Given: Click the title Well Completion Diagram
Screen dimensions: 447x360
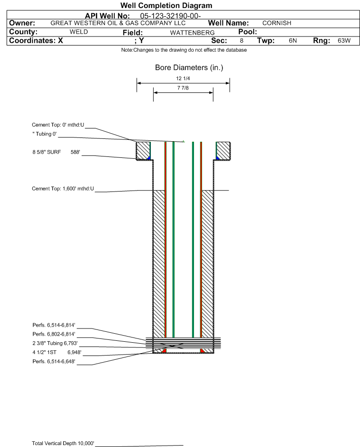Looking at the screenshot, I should coord(166,6).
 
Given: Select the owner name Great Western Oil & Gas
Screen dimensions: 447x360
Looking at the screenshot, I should coord(118,23).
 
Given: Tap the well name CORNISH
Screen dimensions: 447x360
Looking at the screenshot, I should coord(277,23).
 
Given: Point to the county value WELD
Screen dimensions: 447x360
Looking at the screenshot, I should coord(79,32).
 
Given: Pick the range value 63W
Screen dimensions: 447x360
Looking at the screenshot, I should coord(344,41).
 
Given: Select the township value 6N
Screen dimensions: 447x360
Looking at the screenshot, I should coord(293,41).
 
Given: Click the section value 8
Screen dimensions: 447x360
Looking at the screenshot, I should coord(241,41).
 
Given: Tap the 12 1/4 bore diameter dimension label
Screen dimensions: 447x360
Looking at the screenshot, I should coord(183,79).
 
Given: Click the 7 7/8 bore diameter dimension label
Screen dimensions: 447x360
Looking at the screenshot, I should coord(183,88).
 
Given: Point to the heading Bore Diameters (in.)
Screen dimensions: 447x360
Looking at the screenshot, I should coord(189,68).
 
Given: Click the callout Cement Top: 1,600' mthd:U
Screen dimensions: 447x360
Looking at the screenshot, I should coord(63,189).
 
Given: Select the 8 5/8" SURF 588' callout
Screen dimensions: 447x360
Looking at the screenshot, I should coord(56,152).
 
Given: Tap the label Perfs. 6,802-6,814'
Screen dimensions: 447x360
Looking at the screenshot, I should coord(54,334).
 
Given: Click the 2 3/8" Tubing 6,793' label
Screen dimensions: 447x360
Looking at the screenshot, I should coord(55,343).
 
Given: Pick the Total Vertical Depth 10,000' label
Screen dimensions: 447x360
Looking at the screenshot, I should coord(63,443).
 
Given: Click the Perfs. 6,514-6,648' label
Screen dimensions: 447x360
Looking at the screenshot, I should coord(54,362).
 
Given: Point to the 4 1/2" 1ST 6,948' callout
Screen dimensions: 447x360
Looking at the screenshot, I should coord(55,353).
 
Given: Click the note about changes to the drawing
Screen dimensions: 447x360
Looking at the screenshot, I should coord(184,50).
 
